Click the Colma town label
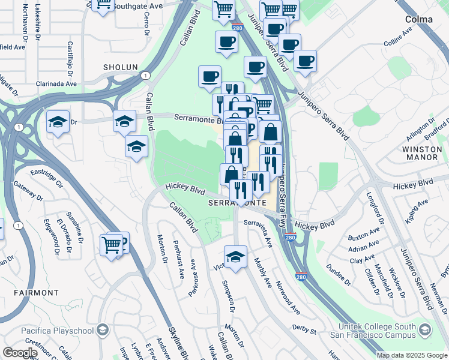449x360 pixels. click(418, 19)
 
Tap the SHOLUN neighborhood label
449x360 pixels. click(120, 67)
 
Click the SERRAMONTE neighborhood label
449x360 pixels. click(237, 203)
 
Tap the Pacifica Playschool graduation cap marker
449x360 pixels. click(103, 329)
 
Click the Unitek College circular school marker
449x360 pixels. click(425, 329)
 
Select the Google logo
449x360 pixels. click(20, 353)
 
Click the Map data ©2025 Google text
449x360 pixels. click(411, 355)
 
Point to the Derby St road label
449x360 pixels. click(305, 330)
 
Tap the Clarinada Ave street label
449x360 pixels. click(56, 84)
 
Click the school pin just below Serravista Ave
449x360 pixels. click(236, 256)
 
